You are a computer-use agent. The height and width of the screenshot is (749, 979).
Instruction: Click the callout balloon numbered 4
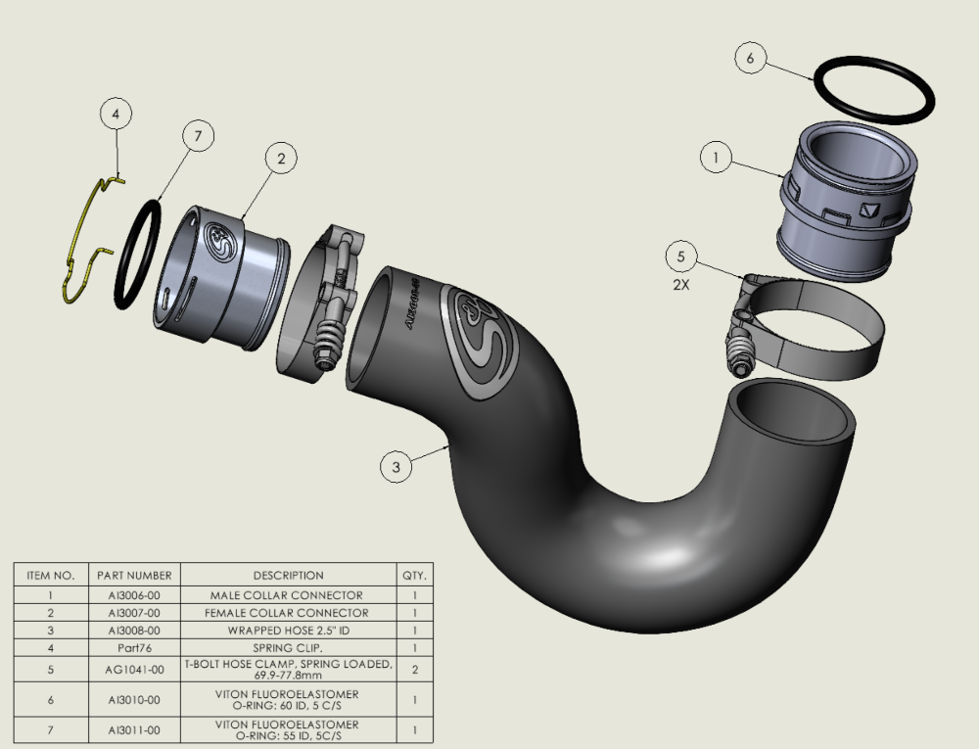tap(116, 115)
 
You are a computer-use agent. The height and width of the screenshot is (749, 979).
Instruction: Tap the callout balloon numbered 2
tap(280, 159)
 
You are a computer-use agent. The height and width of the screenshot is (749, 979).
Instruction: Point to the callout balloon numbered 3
tap(396, 467)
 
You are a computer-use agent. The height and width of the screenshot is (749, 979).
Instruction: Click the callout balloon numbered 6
tap(750, 58)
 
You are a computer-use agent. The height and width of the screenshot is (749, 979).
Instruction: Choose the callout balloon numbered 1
tap(717, 157)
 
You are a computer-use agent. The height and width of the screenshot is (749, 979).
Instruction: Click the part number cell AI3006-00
tap(135, 594)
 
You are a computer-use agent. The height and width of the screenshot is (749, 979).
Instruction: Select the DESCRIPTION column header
tap(288, 576)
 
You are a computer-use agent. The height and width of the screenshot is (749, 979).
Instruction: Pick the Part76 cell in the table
tap(135, 648)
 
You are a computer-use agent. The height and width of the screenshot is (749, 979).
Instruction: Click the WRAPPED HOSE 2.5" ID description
tap(288, 631)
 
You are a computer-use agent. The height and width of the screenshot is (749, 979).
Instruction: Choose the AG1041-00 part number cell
tap(135, 671)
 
